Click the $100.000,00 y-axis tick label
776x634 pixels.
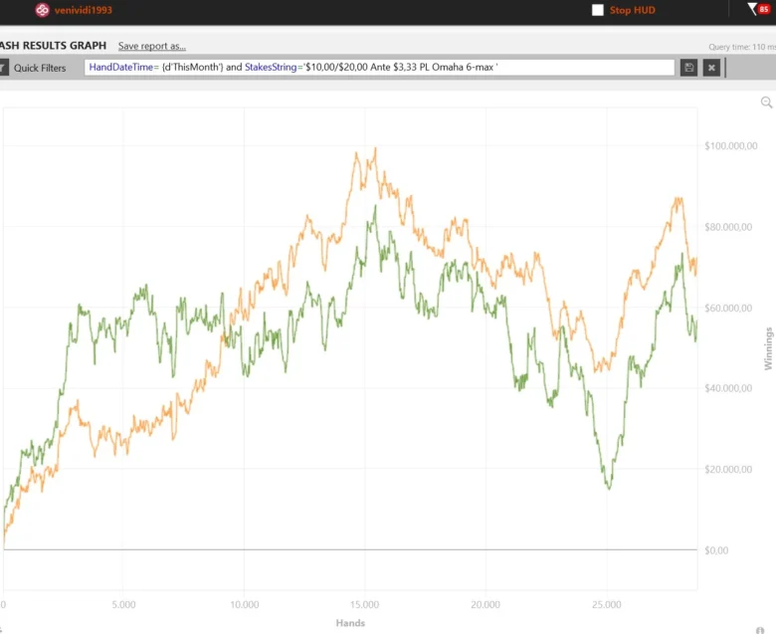730,146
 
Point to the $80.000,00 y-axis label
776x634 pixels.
730,227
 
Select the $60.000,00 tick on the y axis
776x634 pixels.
730,308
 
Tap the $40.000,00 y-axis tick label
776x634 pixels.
730,388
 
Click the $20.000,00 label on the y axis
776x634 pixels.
730,469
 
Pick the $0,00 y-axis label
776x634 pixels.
716,549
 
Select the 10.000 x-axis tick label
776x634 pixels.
244,604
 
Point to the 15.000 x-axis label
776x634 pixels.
364,604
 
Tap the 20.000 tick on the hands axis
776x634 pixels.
485,604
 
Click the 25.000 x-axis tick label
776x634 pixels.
606,604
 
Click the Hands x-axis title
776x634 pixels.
350,623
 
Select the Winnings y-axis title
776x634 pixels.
768,347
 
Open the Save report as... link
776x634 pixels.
151,46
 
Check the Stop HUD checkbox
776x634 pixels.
598,10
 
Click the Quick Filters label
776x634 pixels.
40,68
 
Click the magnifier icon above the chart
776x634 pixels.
766,103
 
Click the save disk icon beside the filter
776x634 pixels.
688,68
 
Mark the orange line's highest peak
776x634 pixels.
375,148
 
